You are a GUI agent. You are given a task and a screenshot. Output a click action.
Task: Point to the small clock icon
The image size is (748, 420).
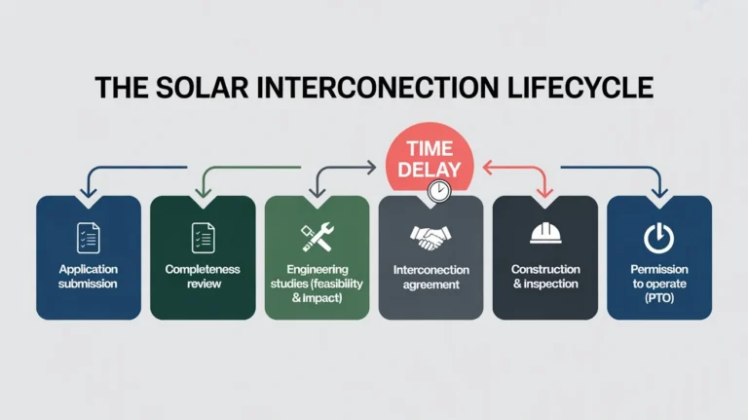(x=440, y=192)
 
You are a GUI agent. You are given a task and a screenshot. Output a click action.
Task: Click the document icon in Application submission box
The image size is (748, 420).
(x=89, y=237)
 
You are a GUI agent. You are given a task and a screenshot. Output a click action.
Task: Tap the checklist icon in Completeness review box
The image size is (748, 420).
(x=203, y=237)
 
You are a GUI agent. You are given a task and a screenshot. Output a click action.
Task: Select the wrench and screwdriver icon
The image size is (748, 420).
(x=317, y=236)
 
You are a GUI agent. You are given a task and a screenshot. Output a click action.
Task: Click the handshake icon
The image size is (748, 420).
(x=430, y=237)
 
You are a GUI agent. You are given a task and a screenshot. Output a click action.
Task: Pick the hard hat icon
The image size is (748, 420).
(x=545, y=235)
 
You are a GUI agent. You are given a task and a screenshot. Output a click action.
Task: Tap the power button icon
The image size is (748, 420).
(x=659, y=237)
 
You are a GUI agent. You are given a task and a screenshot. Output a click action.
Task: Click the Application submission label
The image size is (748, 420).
(x=89, y=277)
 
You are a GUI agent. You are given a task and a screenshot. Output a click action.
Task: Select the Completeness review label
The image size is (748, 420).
(x=203, y=277)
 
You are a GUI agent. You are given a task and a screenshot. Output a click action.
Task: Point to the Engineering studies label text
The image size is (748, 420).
(x=317, y=283)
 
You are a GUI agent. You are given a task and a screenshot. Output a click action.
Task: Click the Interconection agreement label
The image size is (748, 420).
(x=430, y=277)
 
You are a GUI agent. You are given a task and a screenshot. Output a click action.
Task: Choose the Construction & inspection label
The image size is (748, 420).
(x=545, y=277)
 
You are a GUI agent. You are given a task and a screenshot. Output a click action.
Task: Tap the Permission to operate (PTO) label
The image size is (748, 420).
(x=659, y=283)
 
